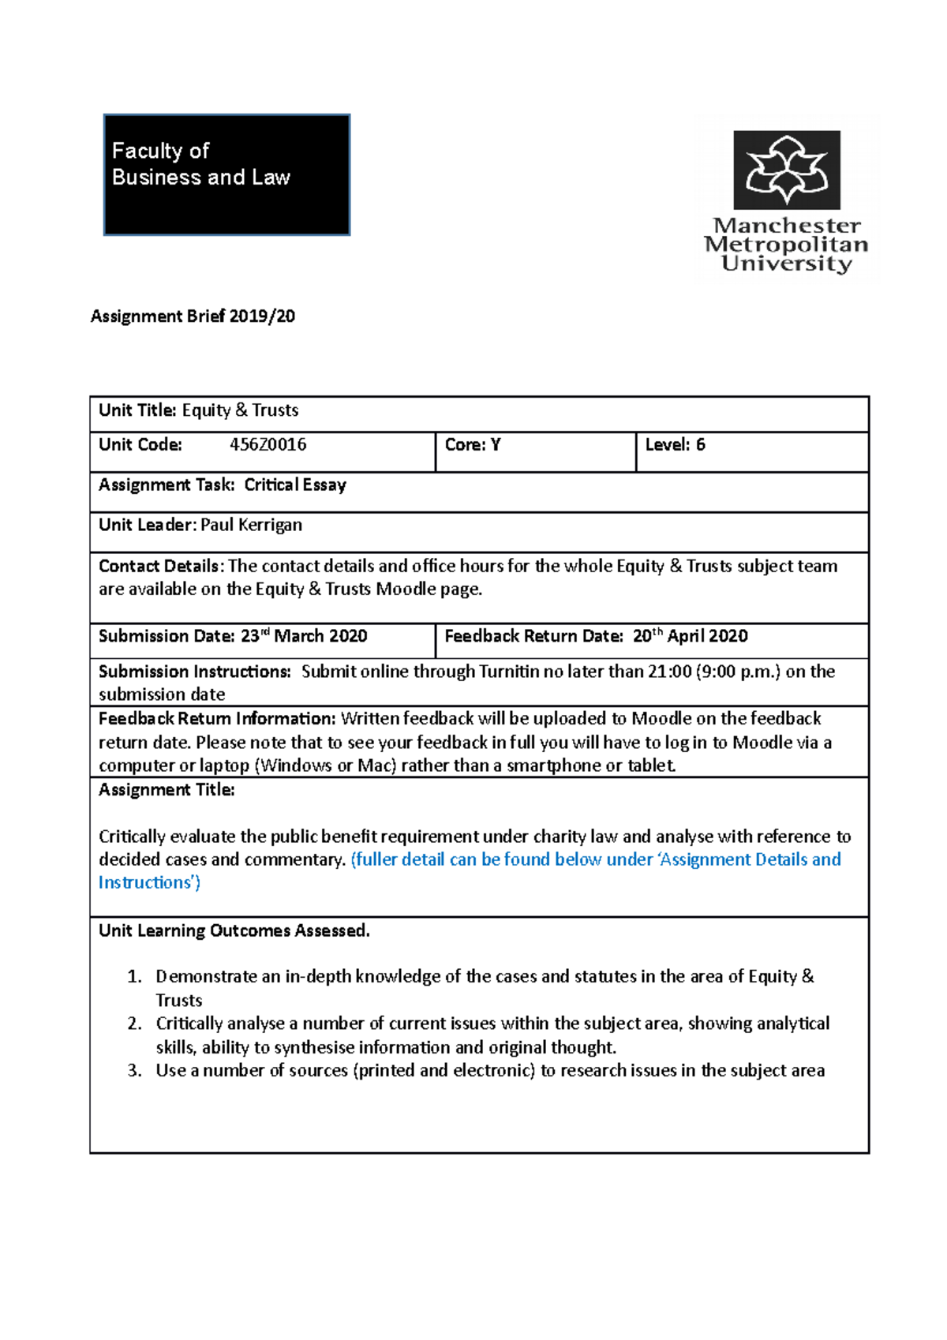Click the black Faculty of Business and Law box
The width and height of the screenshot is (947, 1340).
[x=226, y=174]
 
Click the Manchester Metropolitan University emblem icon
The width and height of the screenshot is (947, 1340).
[x=787, y=170]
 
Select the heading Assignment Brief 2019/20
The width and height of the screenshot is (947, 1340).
[x=193, y=316]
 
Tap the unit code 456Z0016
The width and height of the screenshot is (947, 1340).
[x=268, y=444]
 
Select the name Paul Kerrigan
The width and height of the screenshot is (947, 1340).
[x=251, y=525]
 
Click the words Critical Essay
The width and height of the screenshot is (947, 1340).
[x=295, y=485]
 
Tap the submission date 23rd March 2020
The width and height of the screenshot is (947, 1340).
[x=304, y=636]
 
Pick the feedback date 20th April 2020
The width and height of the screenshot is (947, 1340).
[x=690, y=636]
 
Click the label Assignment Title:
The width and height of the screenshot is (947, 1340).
[x=167, y=790]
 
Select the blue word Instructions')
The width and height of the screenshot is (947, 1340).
[x=149, y=882]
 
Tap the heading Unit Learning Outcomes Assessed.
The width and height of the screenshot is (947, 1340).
[x=234, y=930]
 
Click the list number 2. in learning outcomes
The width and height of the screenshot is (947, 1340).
[x=135, y=1024]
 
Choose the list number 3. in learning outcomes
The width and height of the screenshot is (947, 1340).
[x=135, y=1071]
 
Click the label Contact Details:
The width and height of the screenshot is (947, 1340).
[x=161, y=566]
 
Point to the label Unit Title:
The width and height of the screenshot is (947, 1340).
[x=137, y=410]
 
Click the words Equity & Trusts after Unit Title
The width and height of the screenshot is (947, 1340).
[x=240, y=410]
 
